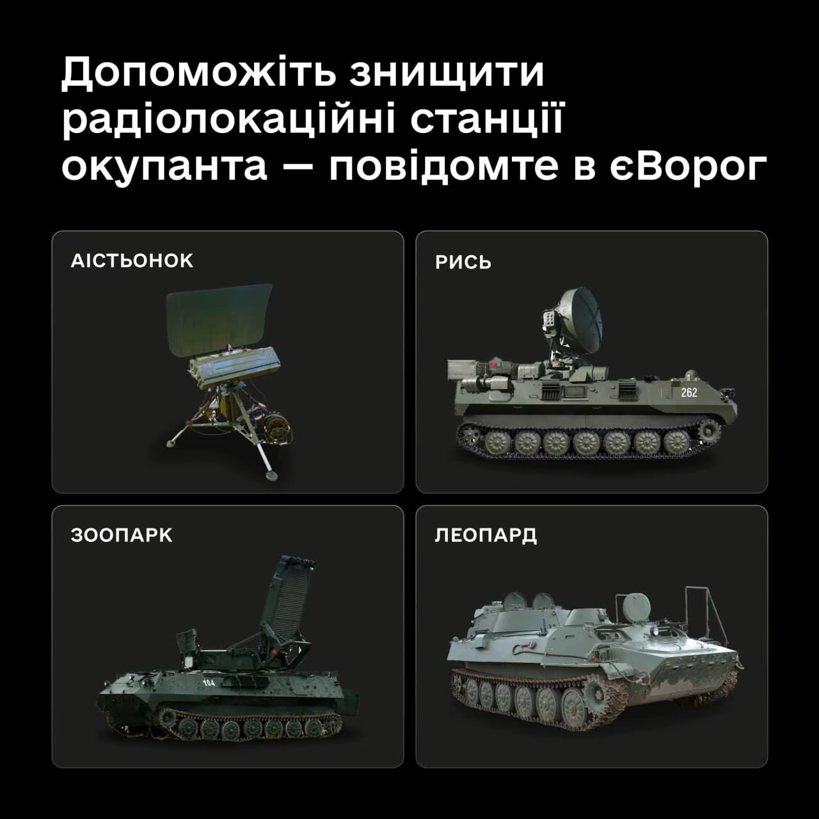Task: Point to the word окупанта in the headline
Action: pos(164,168)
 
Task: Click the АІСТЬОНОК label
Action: pos(132,261)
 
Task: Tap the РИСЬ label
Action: pos(463,263)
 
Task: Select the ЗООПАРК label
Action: pos(122,536)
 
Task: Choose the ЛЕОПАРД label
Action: pos(486,536)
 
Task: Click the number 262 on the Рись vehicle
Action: pos(689,392)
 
